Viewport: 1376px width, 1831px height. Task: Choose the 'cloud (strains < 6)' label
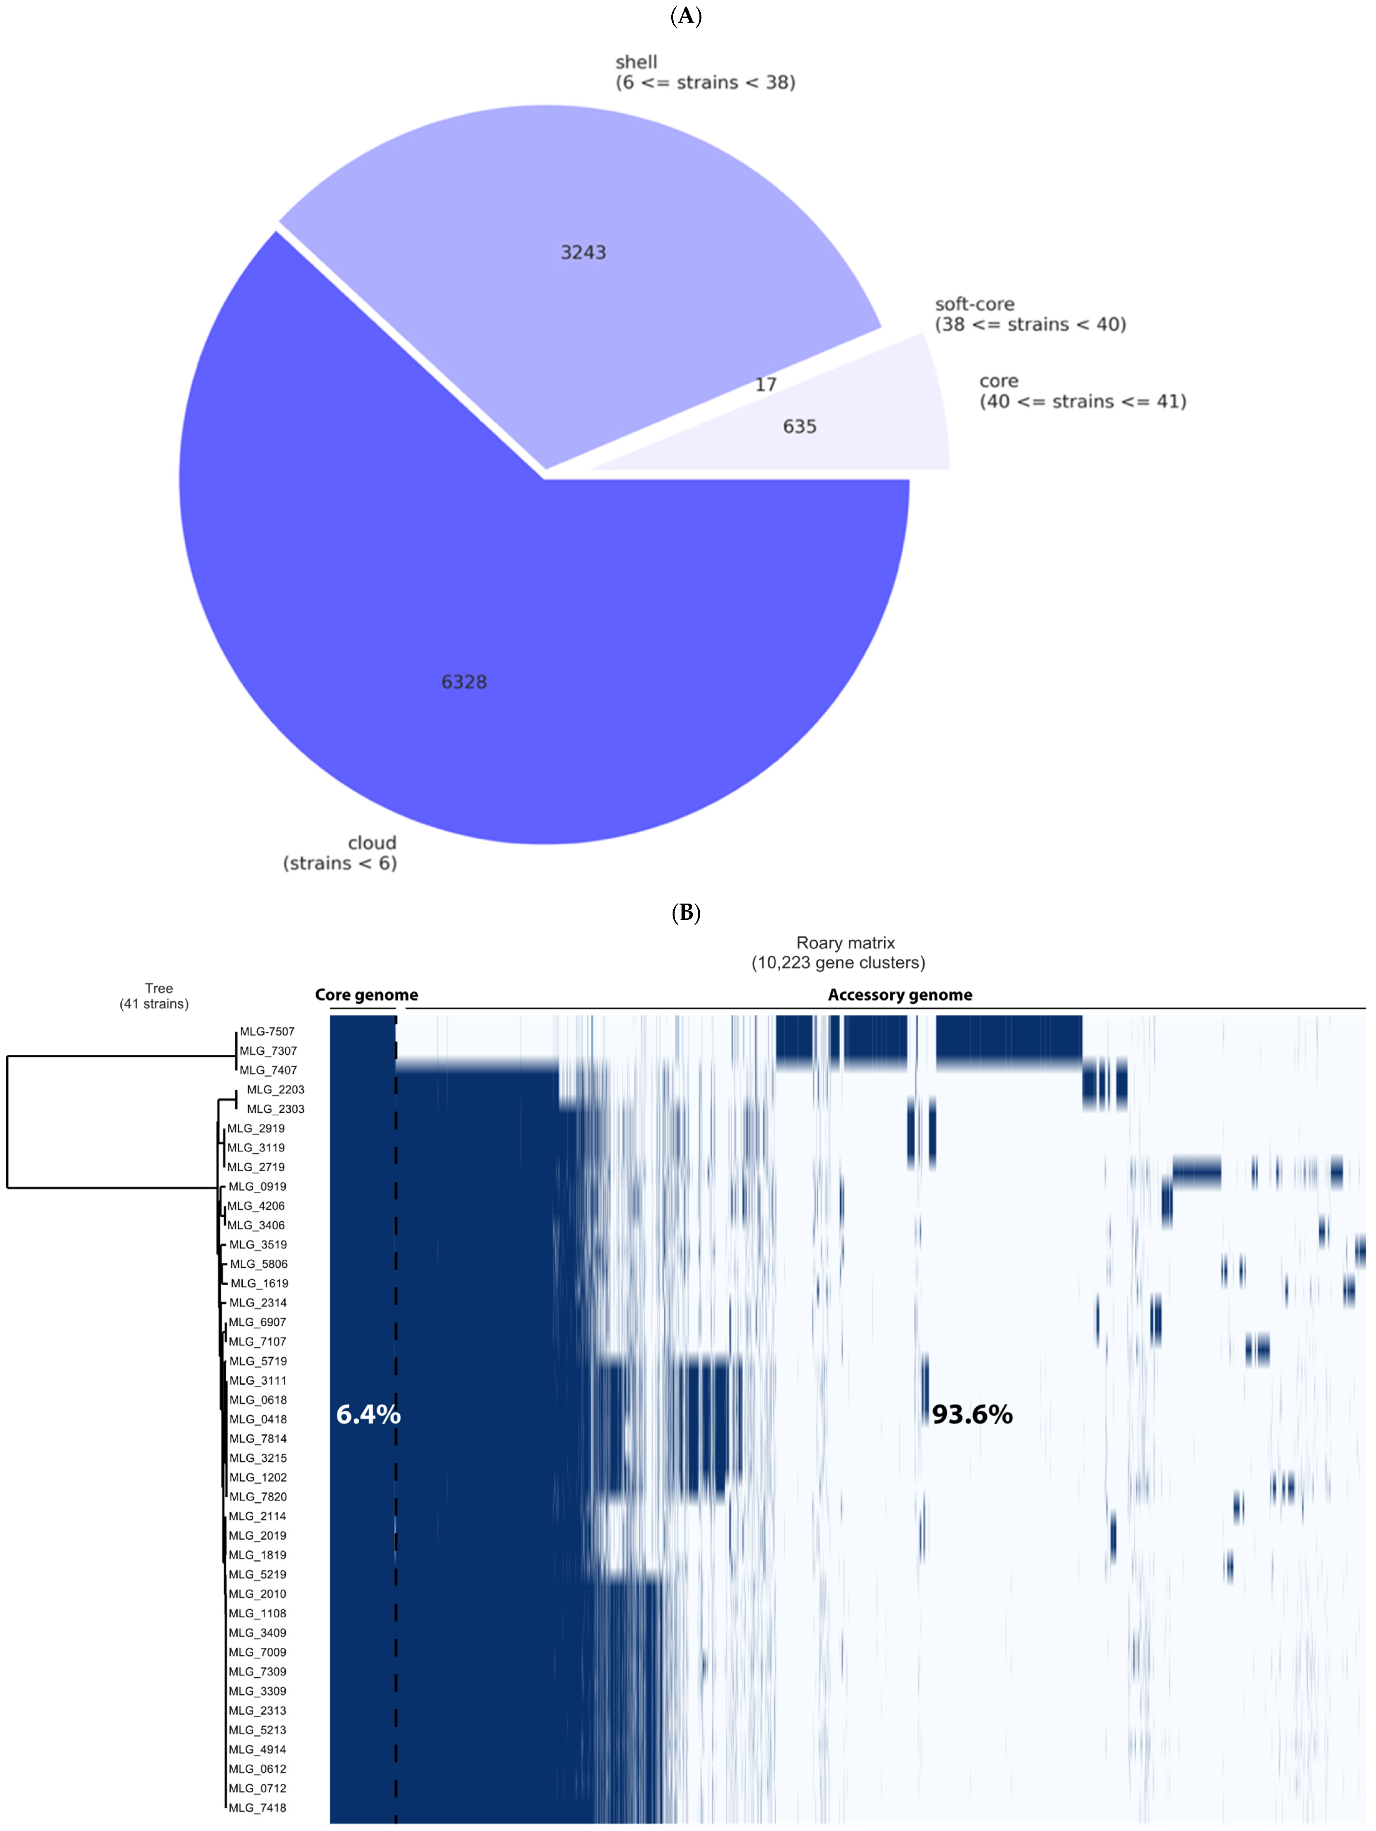pos(340,853)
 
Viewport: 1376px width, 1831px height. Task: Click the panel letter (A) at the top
pos(687,16)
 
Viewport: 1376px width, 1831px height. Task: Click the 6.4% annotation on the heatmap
pos(368,1414)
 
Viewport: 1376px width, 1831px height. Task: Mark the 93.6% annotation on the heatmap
pos(972,1414)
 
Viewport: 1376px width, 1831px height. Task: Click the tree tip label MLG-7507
pos(267,1031)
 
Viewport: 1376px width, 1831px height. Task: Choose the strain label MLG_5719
pos(258,1361)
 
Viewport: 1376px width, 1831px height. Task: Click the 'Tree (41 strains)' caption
pos(155,996)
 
